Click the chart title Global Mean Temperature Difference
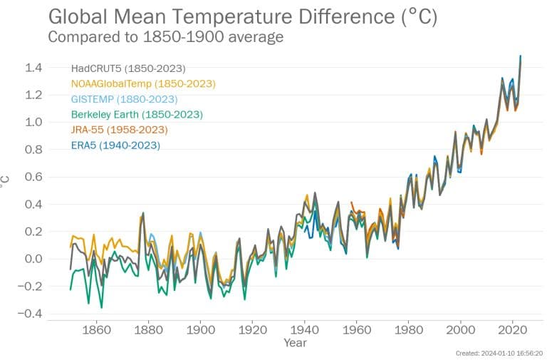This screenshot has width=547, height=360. [x=242, y=16]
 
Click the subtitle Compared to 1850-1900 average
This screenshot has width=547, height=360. [x=165, y=37]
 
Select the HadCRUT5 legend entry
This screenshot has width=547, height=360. [x=128, y=68]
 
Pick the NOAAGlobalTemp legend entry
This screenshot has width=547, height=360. [x=142, y=83]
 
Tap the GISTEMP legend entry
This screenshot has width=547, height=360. [x=124, y=99]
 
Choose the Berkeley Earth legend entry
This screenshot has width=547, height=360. [x=137, y=114]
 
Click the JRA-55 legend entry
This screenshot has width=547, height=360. [x=119, y=130]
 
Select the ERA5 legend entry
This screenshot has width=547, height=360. [x=115, y=145]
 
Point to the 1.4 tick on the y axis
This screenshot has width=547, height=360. [x=33, y=68]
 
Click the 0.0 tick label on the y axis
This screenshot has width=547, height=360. [x=33, y=259]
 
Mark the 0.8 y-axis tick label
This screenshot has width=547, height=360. [x=33, y=150]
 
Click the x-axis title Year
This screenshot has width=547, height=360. [x=295, y=343]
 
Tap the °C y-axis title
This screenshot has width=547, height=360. [x=6, y=183]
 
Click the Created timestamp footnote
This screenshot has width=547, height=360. [x=499, y=353]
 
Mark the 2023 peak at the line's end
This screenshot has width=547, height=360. [x=521, y=56]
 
